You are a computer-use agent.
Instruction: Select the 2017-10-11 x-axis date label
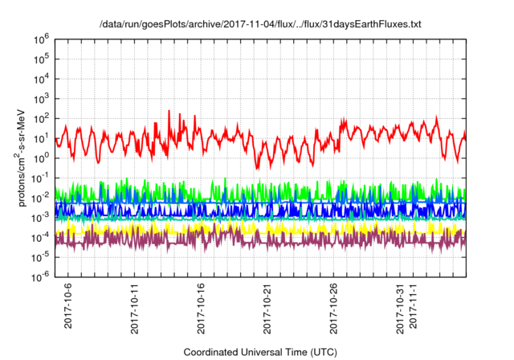[x=135, y=308]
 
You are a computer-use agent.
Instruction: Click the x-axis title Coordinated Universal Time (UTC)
[x=261, y=352]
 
